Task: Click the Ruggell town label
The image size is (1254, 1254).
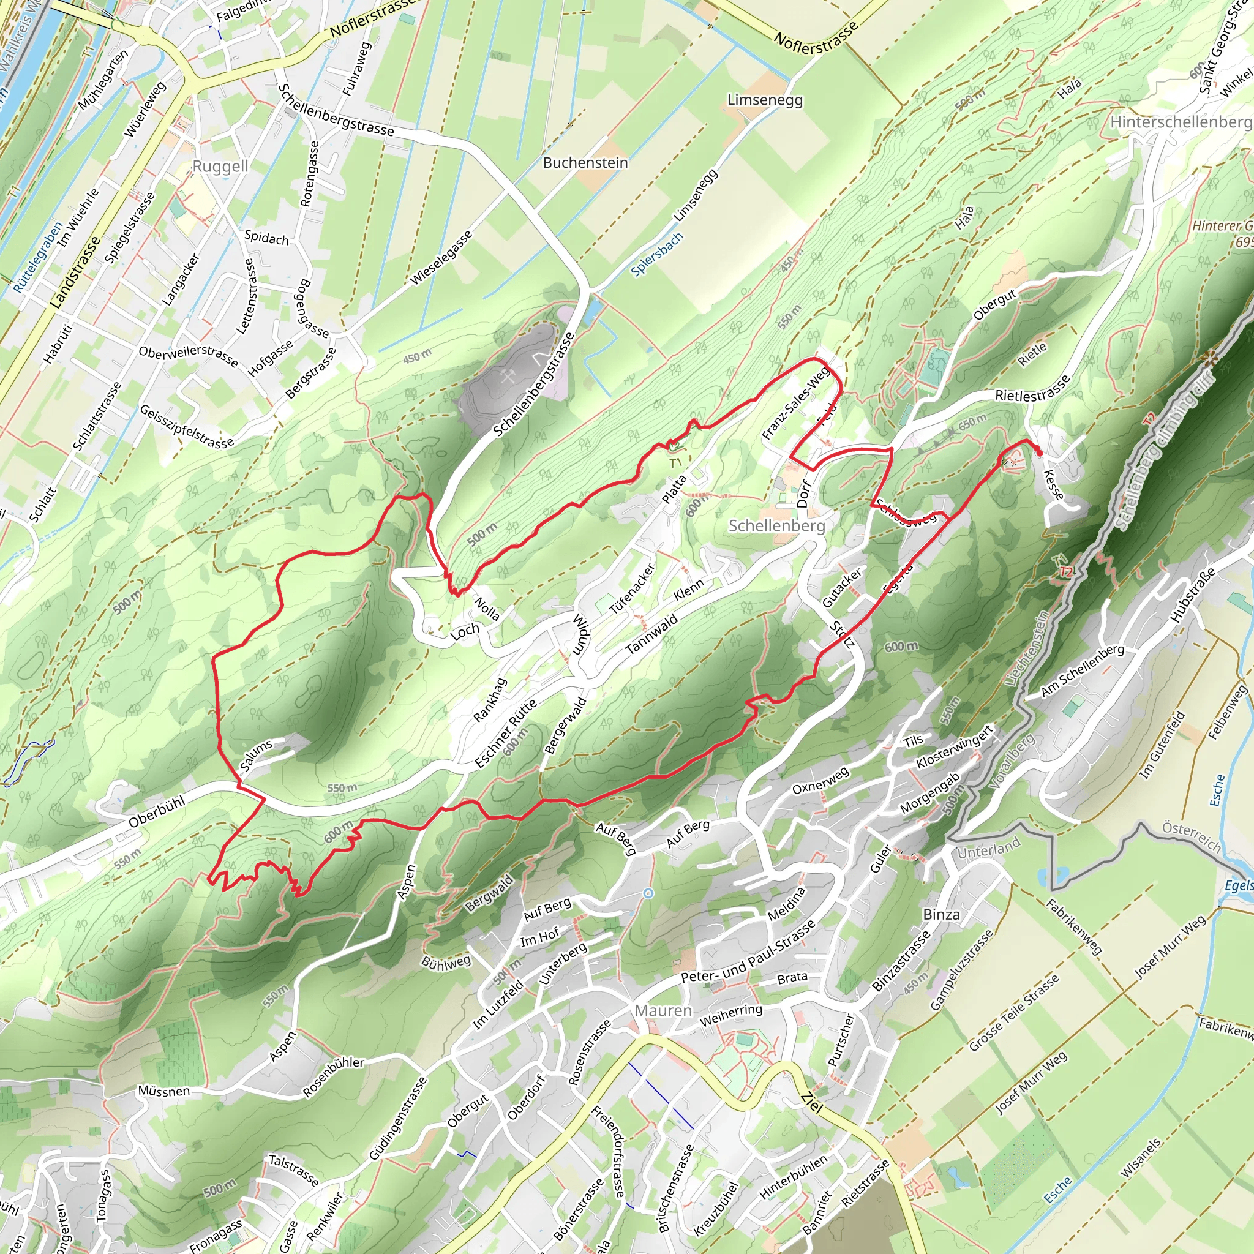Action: [x=220, y=166]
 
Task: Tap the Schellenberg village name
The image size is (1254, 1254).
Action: [x=776, y=525]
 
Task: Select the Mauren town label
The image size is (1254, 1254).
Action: [x=663, y=1010]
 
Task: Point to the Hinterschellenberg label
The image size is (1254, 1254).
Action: [x=1181, y=121]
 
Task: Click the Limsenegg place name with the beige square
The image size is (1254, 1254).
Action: [x=765, y=100]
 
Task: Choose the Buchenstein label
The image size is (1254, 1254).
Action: [x=585, y=162]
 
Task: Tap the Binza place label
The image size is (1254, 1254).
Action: [x=940, y=915]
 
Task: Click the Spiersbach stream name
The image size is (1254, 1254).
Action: [x=657, y=253]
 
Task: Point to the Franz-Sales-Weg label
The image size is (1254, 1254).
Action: [x=795, y=403]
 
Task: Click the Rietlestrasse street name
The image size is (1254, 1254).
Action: [x=1032, y=388]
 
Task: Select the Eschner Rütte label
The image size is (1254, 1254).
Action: [x=505, y=734]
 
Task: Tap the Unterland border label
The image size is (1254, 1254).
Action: [x=988, y=847]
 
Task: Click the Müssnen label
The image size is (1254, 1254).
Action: [x=163, y=1091]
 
